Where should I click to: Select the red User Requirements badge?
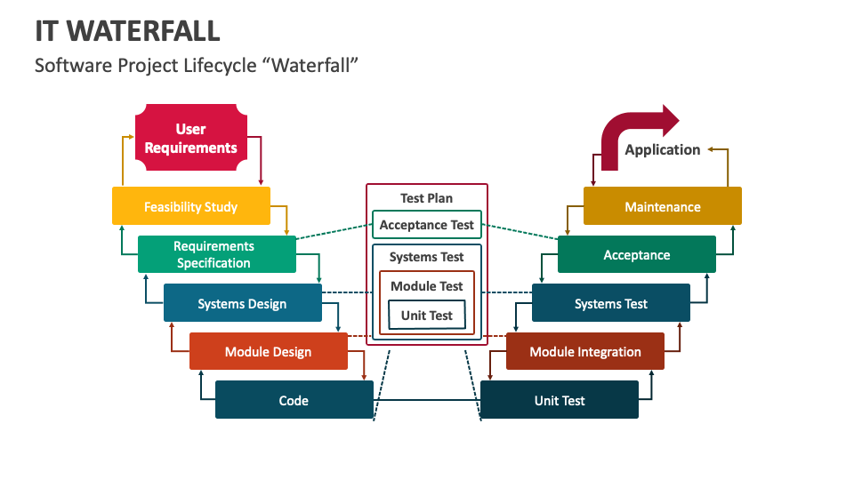190,139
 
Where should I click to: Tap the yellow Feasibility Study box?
190,206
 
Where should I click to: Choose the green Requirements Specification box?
216,254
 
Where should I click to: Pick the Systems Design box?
242,303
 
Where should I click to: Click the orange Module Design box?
268,351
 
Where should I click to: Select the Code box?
294,400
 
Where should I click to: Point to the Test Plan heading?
426,198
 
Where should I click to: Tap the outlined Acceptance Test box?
427,225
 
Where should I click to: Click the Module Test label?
427,286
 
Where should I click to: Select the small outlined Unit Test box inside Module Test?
427,316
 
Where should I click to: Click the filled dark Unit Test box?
559,400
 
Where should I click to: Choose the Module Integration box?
584,351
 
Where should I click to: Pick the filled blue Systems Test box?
610,303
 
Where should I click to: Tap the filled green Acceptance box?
636,254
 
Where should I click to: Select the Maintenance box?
662,206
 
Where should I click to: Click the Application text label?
662,149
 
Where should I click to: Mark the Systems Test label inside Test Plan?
427,257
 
